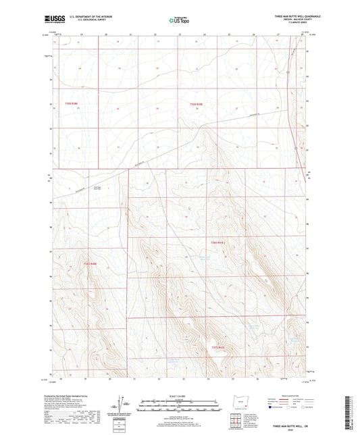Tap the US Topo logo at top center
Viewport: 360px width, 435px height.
coord(180,20)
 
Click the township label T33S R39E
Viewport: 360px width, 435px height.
coord(196,103)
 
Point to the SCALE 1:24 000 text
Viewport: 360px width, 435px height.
coord(180,394)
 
